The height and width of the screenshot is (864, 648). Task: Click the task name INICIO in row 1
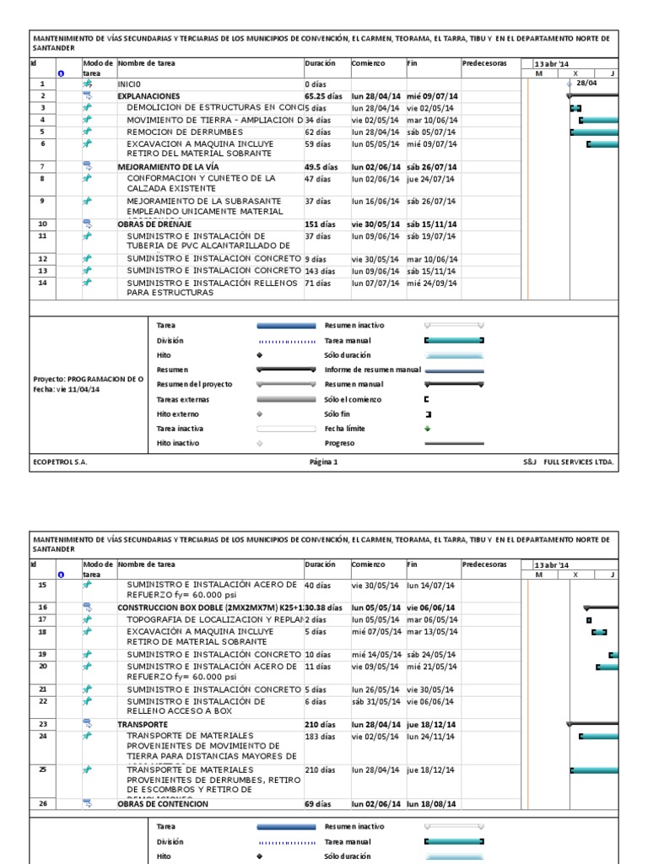click(130, 84)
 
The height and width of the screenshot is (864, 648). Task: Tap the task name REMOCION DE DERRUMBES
click(168, 132)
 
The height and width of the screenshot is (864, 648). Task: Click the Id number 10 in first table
click(42, 224)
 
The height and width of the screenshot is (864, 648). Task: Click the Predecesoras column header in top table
click(484, 63)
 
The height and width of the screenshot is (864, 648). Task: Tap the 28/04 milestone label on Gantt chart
click(587, 84)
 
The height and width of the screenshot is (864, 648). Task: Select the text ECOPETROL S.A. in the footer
click(60, 462)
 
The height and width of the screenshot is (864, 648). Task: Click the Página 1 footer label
click(324, 462)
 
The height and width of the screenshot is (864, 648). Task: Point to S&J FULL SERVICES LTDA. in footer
click(570, 462)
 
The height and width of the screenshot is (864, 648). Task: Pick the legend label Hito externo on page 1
click(175, 413)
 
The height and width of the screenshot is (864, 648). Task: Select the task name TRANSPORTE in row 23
click(137, 724)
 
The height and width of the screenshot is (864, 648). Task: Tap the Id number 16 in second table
click(42, 607)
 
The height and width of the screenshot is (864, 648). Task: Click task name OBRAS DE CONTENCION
click(163, 804)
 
